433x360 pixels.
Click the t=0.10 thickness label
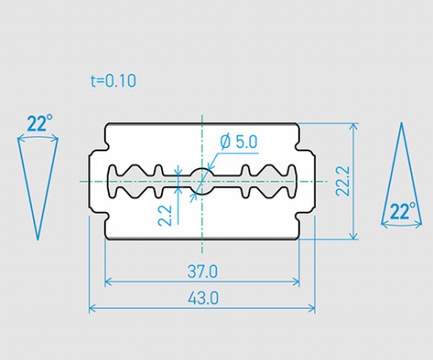(x=113, y=80)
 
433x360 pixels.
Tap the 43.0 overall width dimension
(x=203, y=298)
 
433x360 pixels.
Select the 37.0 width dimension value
(x=203, y=272)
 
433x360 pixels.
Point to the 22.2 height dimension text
(x=343, y=181)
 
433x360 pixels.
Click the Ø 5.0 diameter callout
(x=238, y=142)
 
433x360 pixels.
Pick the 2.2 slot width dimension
(x=165, y=215)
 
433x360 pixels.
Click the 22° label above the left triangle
(x=40, y=123)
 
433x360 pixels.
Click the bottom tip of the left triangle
(x=37, y=240)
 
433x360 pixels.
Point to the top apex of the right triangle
(x=401, y=123)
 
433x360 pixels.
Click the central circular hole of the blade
(x=202, y=181)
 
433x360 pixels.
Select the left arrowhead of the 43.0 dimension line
(x=92, y=309)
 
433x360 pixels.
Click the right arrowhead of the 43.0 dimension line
(x=312, y=309)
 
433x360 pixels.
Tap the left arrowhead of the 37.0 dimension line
(x=107, y=281)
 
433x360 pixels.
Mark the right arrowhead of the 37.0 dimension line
(x=297, y=281)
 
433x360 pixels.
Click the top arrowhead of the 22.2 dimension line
(x=353, y=125)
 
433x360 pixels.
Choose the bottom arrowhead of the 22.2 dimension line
(x=353, y=237)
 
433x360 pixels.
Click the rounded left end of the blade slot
(x=112, y=181)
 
